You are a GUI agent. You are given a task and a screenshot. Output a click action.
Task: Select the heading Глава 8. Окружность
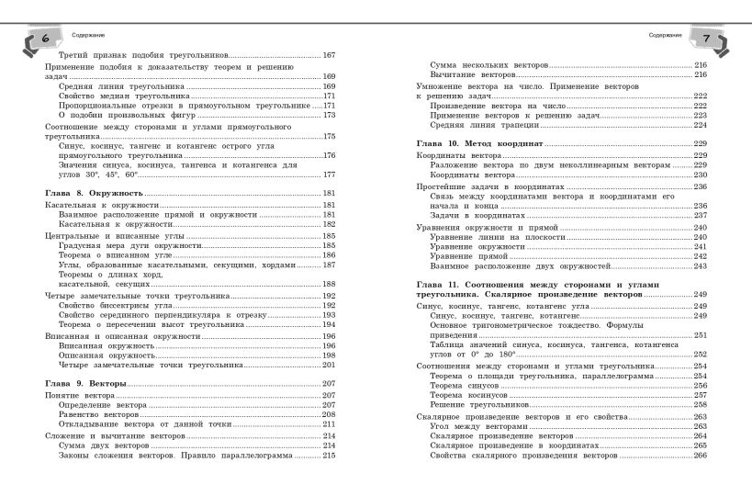point(95,194)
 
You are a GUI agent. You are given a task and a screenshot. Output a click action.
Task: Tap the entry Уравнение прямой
point(464,256)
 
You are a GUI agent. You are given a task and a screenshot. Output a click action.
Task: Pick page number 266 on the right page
point(699,456)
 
